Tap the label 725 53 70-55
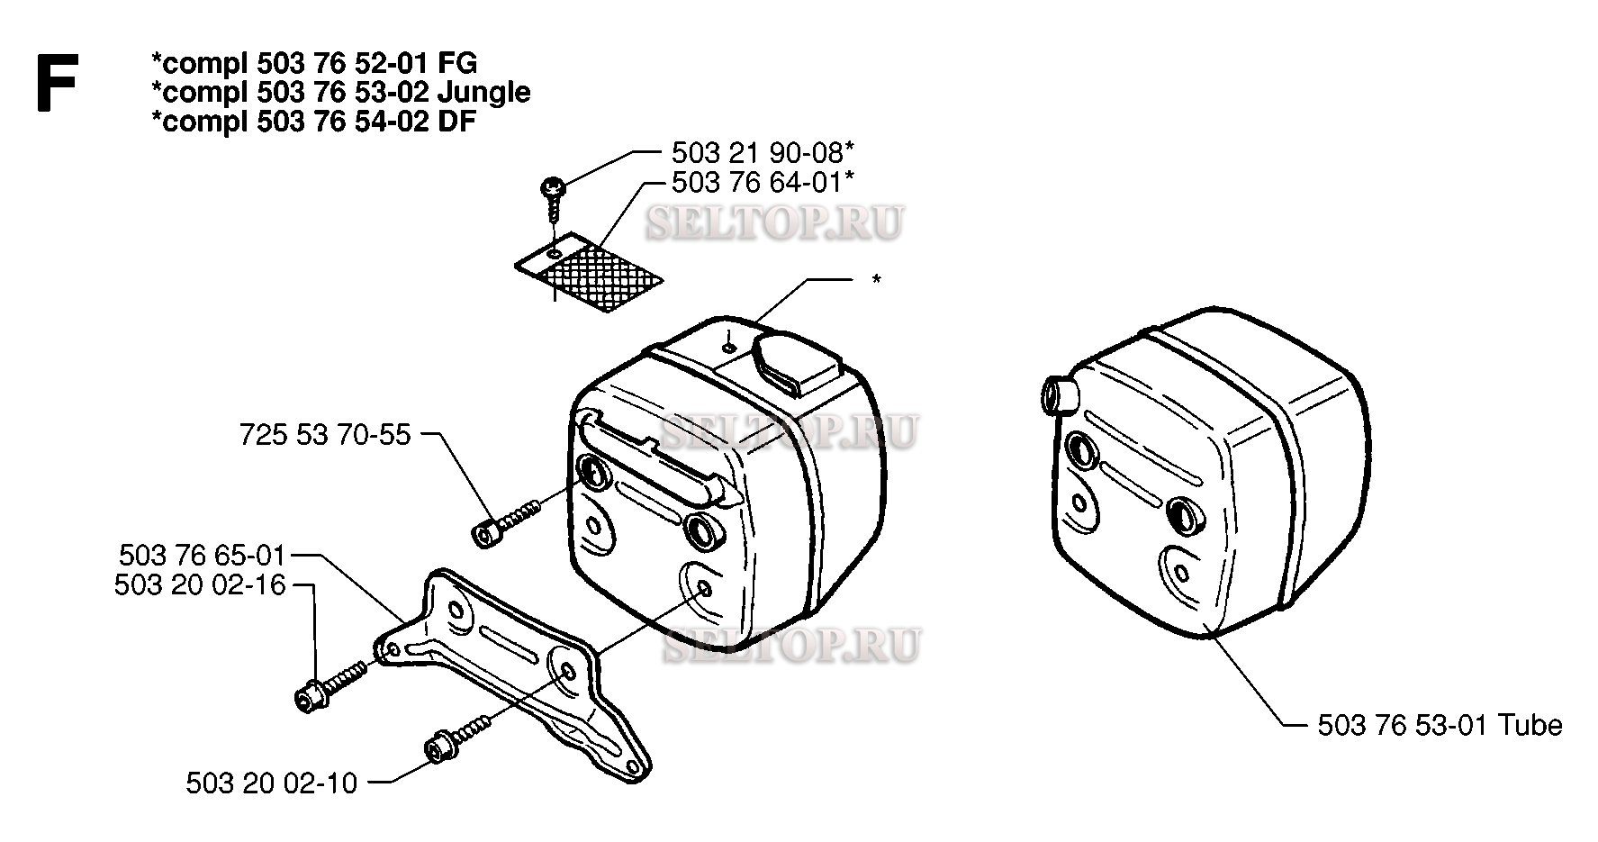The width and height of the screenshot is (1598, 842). pos(325,435)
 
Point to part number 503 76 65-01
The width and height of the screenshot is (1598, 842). pos(200,555)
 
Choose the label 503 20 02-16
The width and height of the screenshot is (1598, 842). pos(200,585)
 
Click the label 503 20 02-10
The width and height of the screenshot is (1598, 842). pos(272,783)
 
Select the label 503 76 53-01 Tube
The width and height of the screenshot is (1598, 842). pos(1440,725)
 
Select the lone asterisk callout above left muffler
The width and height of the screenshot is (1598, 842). pos(876,280)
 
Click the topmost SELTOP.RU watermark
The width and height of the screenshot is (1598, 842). pos(774,223)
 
